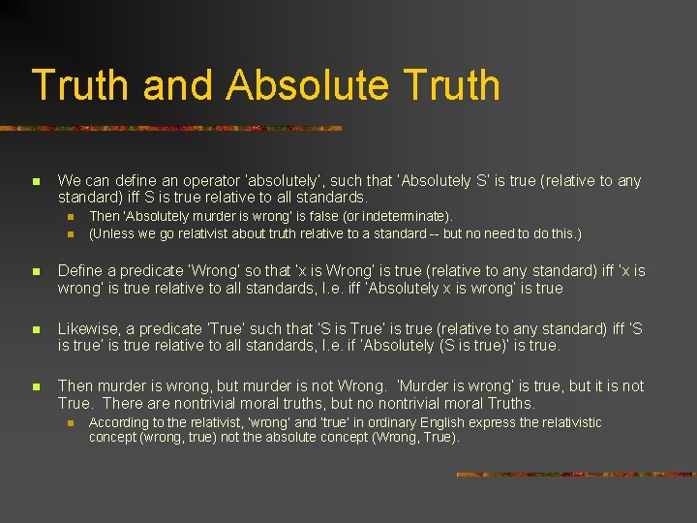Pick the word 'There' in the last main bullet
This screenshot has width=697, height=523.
coord(122,403)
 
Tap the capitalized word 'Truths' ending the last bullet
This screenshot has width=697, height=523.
coord(510,403)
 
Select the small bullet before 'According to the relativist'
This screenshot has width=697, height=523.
coord(71,423)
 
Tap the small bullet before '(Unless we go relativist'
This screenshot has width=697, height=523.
coord(71,234)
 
